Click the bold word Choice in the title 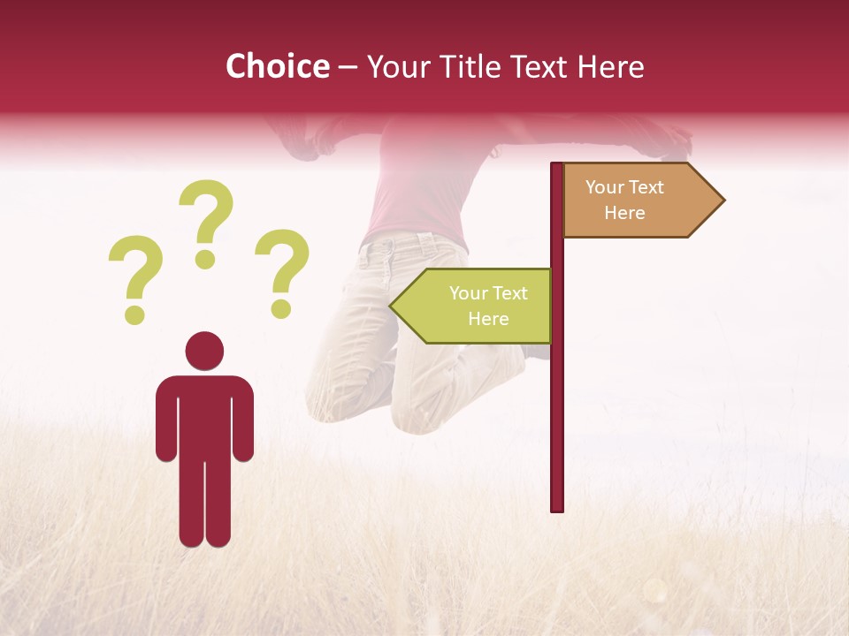click(x=278, y=67)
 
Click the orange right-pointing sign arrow click(x=637, y=201)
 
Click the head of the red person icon click(x=204, y=351)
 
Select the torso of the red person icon click(x=204, y=415)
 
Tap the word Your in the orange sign click(x=606, y=187)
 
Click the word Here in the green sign click(x=488, y=319)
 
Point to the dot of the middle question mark click(x=206, y=259)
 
